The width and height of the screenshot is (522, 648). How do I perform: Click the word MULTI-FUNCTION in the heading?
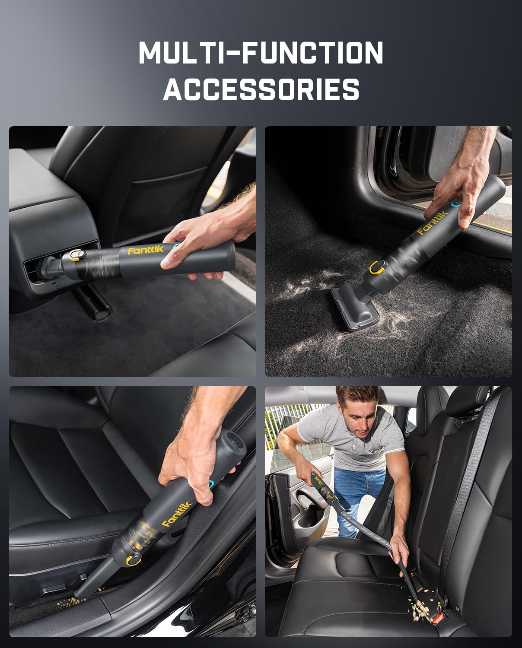click(x=261, y=54)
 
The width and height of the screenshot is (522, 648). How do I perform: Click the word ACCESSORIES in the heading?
click(x=261, y=89)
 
